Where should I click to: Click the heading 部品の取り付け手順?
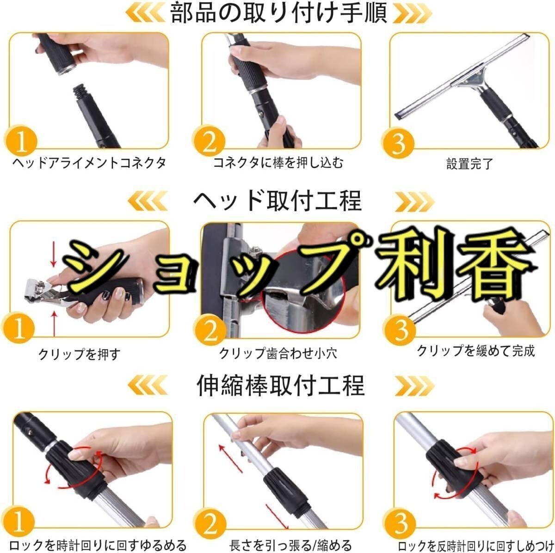click(x=278, y=13)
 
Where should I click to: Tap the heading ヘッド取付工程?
click(x=277, y=201)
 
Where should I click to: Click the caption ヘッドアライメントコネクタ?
click(x=89, y=163)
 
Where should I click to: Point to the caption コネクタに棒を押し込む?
click(x=278, y=162)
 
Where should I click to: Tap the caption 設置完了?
click(x=470, y=164)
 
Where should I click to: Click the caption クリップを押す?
click(x=79, y=354)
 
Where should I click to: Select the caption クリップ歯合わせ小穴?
click(x=278, y=353)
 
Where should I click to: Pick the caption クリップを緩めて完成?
click(x=476, y=351)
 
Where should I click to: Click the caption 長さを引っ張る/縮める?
click(x=290, y=545)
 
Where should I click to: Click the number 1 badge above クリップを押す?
click(x=18, y=328)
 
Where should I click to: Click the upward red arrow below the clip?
click(x=54, y=324)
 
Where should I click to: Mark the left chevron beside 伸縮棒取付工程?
click(x=148, y=385)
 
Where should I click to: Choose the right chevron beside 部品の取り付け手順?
click(x=413, y=13)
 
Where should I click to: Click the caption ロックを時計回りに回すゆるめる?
click(x=98, y=545)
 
